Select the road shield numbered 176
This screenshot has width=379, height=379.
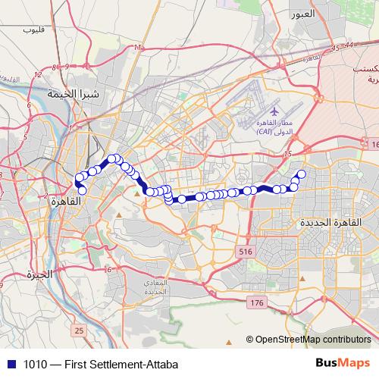coord(256,302)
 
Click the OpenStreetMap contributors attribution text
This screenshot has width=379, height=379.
coord(312,340)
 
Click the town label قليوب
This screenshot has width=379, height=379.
coord(35,30)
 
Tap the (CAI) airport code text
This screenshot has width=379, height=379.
coord(265,131)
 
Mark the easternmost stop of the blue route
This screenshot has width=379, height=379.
coord(301,174)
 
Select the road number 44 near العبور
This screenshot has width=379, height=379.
coord(349,46)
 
